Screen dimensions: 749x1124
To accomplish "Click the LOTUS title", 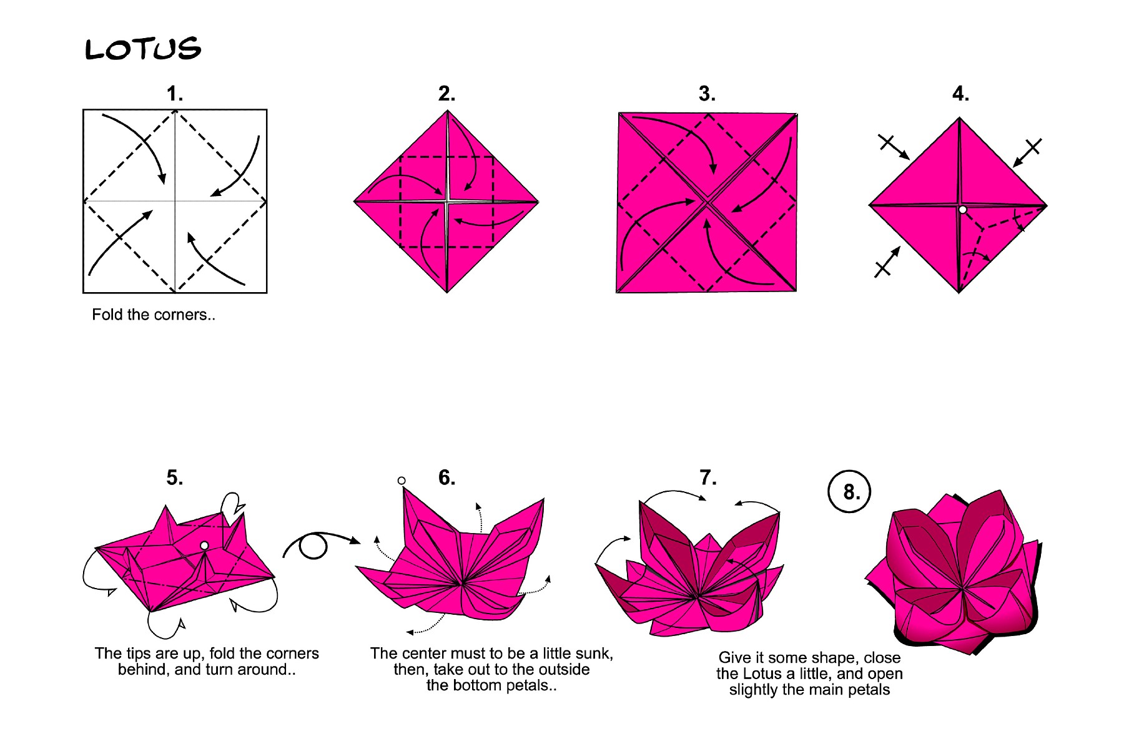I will [143, 49].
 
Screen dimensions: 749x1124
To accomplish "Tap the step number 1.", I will [174, 94].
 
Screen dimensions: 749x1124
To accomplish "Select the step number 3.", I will [707, 94].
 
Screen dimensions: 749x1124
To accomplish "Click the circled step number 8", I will [849, 491].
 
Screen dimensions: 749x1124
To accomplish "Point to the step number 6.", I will [446, 478].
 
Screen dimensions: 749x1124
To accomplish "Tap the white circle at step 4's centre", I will [962, 210].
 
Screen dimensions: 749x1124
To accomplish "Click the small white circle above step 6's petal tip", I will [402, 481].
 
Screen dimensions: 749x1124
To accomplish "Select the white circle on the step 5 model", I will [204, 546].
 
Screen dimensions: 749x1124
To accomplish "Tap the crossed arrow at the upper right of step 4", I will [1027, 152].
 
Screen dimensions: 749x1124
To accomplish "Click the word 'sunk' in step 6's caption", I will [593, 654].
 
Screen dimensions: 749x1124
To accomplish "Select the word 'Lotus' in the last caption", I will [767, 674].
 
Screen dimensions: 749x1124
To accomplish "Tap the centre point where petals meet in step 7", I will [697, 597].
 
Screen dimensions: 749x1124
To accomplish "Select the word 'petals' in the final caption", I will [869, 690].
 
